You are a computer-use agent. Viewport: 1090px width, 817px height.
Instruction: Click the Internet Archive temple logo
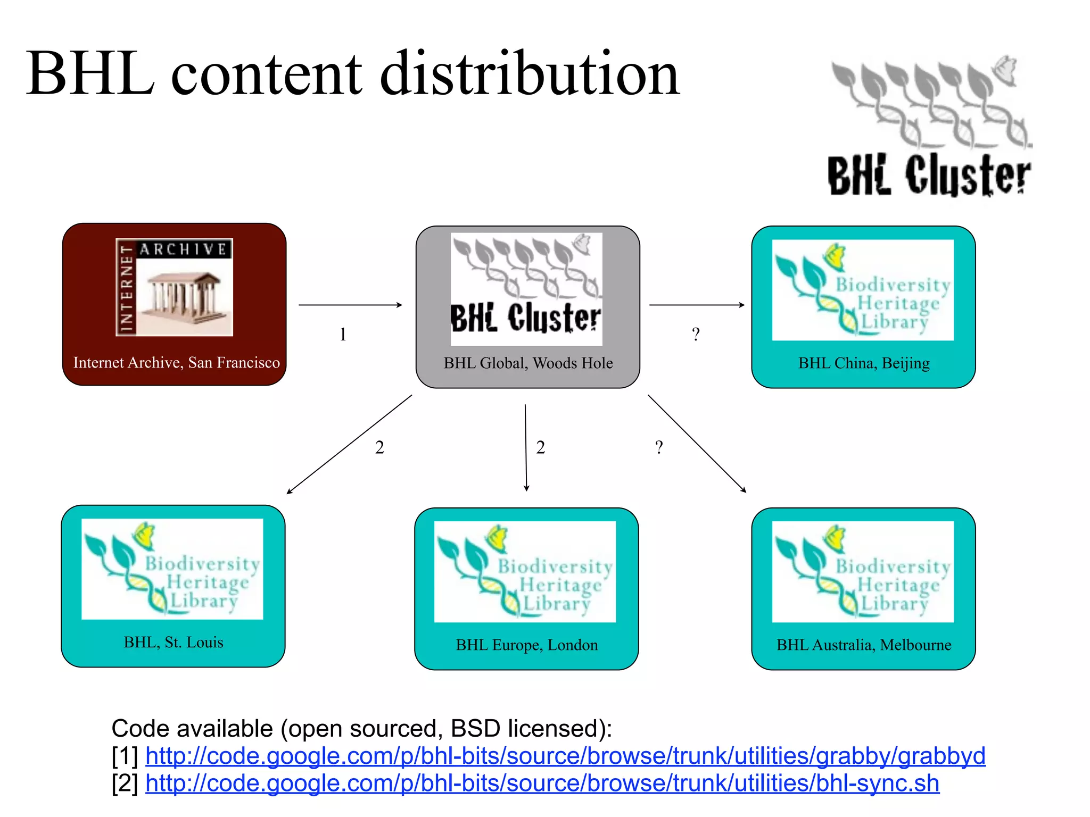(x=175, y=287)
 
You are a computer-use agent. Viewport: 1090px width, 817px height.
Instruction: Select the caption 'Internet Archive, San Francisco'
(x=176, y=363)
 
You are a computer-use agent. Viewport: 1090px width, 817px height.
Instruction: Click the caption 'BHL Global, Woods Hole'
(x=528, y=363)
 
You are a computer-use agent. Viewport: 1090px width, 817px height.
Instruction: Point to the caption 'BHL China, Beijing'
(x=864, y=363)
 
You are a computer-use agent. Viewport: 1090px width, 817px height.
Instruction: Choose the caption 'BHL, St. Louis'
(x=174, y=643)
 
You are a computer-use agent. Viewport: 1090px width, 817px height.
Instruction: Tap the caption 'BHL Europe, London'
(x=527, y=645)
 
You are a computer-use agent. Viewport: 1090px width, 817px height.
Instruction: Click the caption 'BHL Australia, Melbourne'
(x=864, y=645)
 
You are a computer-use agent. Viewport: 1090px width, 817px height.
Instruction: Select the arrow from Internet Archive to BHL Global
(x=350, y=305)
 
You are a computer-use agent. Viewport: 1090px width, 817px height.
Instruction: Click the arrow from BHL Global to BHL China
(x=697, y=305)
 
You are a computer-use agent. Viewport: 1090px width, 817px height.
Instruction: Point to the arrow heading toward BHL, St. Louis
(x=349, y=444)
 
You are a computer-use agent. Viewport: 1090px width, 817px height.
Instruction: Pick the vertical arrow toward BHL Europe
(x=526, y=447)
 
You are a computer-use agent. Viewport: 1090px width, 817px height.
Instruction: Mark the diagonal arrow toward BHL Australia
(x=697, y=444)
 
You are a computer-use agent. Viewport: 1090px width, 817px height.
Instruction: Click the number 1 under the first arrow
(x=343, y=335)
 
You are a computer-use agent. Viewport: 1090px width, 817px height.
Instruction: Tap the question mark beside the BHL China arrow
(x=696, y=335)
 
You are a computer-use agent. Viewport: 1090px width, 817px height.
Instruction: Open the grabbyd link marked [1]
(x=565, y=756)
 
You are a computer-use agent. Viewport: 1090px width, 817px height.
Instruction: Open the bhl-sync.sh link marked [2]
(x=542, y=783)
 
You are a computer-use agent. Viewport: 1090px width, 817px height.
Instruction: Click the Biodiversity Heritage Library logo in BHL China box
(x=863, y=290)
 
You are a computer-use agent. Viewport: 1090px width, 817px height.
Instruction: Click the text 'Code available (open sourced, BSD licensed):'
(x=362, y=729)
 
